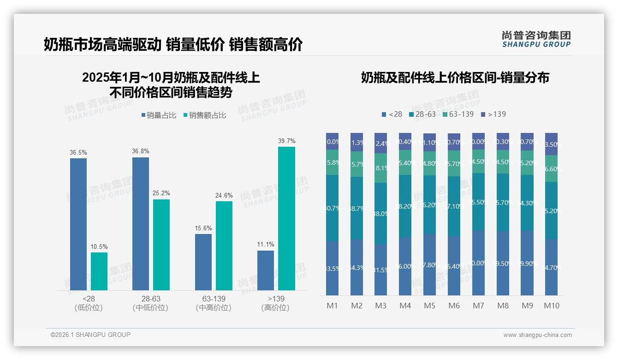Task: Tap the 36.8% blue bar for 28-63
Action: coord(141,223)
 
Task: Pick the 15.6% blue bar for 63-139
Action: coord(203,262)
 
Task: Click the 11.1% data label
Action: coord(266,244)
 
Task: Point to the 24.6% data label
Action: coord(224,195)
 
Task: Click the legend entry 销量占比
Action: coord(159,115)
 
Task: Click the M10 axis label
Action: coord(551,306)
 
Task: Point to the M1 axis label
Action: coord(332,306)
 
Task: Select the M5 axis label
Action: coord(429,306)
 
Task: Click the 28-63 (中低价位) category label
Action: coord(150,303)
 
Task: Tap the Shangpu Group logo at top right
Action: coord(536,39)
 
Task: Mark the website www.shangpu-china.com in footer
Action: coord(537,335)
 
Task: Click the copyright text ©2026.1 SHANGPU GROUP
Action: coord(90,335)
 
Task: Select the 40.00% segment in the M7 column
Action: coord(478,263)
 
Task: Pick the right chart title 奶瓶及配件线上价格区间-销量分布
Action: coord(455,78)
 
